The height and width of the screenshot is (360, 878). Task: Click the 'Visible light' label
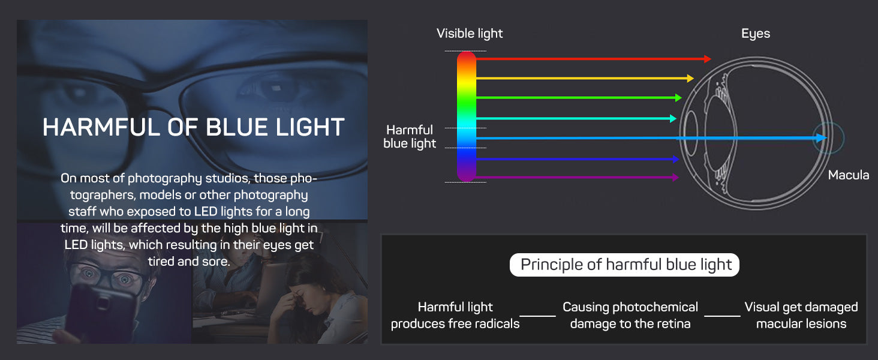tap(470, 34)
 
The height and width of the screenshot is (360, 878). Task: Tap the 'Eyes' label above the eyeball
tap(755, 34)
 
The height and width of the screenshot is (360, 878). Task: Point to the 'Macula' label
tap(848, 175)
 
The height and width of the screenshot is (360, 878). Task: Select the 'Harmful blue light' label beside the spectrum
tap(410, 136)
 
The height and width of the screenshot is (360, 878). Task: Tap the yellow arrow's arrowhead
tap(690, 78)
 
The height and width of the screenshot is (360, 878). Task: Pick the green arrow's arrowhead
tap(678, 98)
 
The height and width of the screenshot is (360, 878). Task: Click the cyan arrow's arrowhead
tap(673, 118)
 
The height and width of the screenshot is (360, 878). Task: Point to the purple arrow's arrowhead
tap(675, 177)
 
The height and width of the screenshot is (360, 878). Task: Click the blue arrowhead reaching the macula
tap(822, 137)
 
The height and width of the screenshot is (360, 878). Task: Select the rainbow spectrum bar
tap(467, 116)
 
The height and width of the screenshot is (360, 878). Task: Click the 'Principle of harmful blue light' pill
tap(624, 265)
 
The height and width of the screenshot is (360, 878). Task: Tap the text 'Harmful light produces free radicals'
tap(455, 315)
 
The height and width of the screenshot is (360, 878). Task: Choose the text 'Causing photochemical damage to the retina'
tap(630, 315)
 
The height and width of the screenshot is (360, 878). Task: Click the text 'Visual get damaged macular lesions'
tap(801, 315)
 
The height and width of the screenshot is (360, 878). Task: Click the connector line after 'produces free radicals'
tap(537, 316)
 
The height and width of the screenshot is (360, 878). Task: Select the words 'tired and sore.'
tap(189, 261)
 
